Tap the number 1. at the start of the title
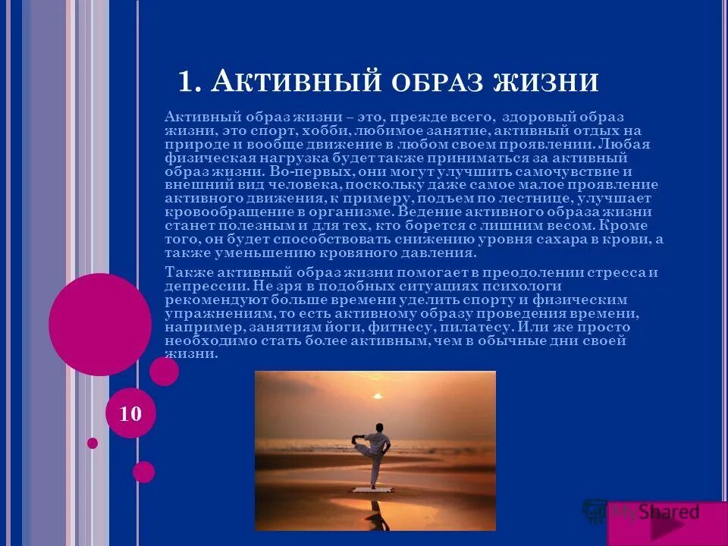[x=190, y=80]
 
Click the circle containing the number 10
[x=130, y=414]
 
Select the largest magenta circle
[x=100, y=324]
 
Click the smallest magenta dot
[x=93, y=443]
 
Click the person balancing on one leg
[x=374, y=455]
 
